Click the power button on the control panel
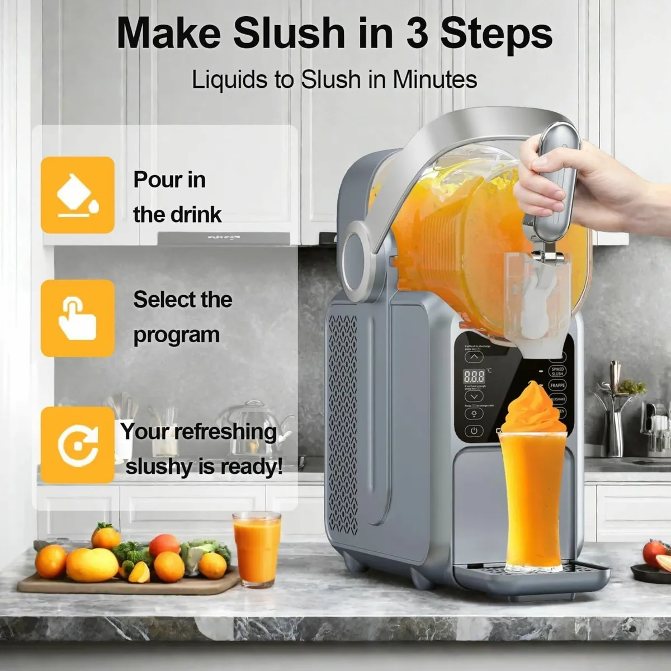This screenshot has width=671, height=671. pos(474,431)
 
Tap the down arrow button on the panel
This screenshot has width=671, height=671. pos(474,396)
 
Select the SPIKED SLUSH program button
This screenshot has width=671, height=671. pos(557,371)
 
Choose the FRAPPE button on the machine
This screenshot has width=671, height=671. pos(557,386)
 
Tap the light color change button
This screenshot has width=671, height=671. pos(474,414)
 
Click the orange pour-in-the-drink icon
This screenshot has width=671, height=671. pos(77,195)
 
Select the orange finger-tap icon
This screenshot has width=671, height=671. pos(77,318)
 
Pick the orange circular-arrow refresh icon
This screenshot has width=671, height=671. pos(77,445)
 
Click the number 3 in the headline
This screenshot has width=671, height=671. pos(417,34)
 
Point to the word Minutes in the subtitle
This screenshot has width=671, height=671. pos(434,79)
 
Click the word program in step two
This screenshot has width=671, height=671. pos(176,335)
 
